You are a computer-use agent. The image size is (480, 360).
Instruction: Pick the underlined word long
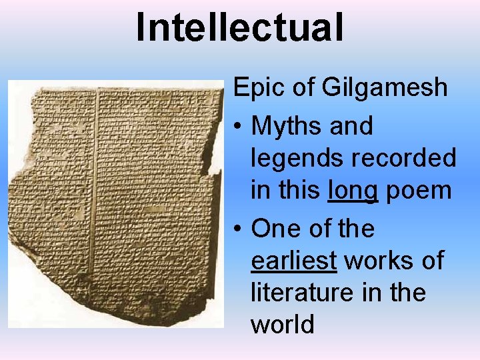point(353,191)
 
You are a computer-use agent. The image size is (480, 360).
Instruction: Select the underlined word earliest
point(293,261)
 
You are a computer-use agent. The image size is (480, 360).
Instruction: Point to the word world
point(282,325)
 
